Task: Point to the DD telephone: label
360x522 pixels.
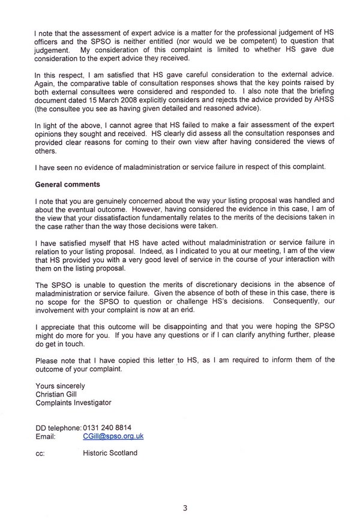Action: coord(58,428)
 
